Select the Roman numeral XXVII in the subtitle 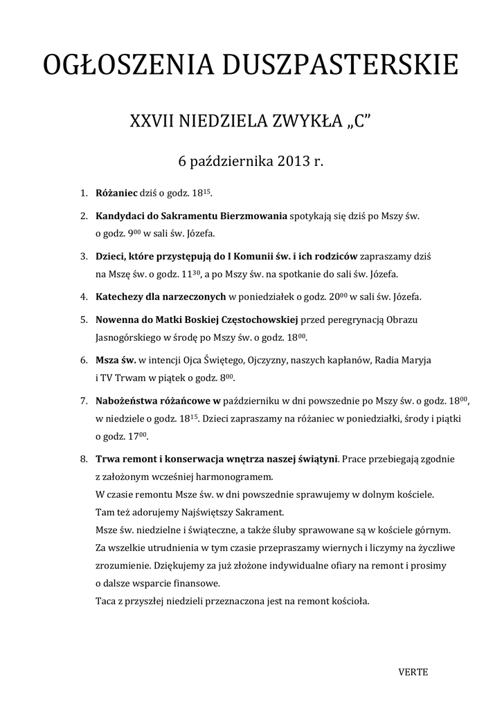point(152,122)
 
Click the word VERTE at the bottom point(413,671)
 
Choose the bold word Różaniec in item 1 point(116,192)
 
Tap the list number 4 point(83,297)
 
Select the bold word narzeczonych point(192,297)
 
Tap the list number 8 point(83,459)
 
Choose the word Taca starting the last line point(106,601)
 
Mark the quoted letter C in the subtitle point(359,122)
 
